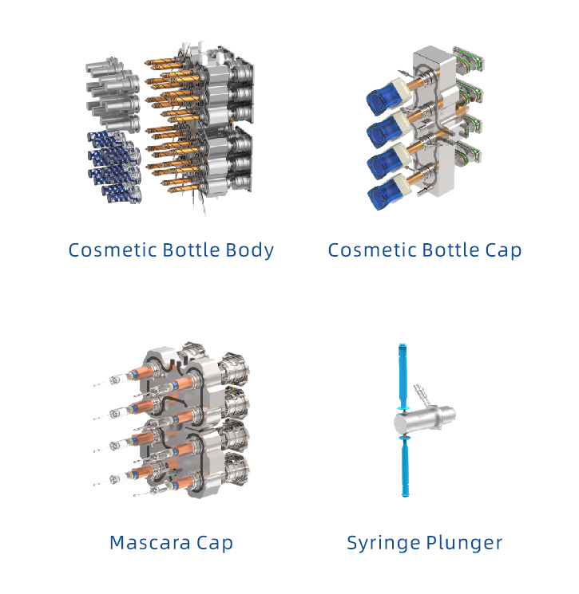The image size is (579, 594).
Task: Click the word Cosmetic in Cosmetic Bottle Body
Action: coord(113,250)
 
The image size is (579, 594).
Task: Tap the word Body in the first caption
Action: coord(249,251)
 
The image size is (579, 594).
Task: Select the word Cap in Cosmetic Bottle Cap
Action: coord(503,251)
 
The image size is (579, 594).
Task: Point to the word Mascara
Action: coord(150,542)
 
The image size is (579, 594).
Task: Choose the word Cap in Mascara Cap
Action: coord(214,544)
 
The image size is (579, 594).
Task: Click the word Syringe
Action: coord(383,544)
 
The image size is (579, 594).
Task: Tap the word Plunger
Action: coord(464,544)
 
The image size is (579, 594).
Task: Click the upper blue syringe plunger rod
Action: coord(403,376)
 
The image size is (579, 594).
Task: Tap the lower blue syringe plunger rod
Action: coord(406,466)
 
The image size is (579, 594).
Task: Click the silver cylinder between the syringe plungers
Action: coord(424,419)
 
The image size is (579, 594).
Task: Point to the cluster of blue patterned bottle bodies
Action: coord(114,167)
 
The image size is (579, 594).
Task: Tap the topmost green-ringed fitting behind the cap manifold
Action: coord(469,60)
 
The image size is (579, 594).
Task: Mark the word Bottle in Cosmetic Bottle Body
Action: coord(191,250)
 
